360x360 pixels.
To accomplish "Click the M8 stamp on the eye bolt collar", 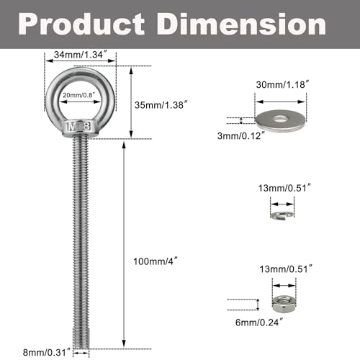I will pos(77,127).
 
